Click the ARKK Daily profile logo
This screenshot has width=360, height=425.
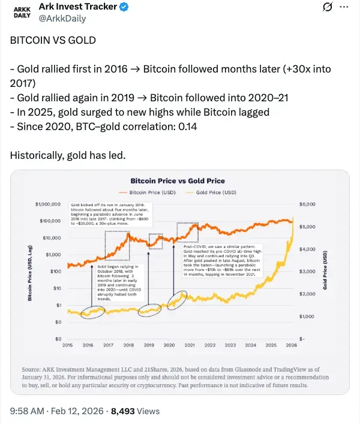22,13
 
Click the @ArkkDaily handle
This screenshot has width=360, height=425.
62,19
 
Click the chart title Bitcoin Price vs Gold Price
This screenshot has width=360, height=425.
178,180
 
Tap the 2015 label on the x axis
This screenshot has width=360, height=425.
68,345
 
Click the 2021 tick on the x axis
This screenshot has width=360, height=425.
190,345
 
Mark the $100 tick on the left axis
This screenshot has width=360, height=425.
55,272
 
